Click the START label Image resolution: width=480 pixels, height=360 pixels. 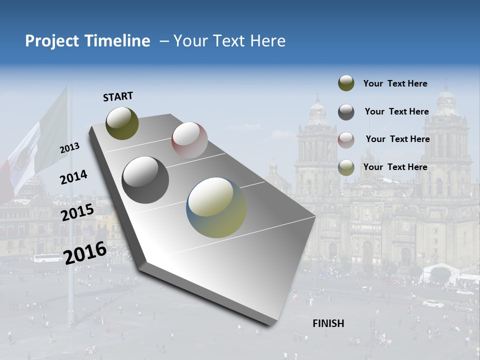click(118, 96)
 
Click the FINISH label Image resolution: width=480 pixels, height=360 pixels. click(328, 323)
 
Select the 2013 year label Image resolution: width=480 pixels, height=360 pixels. click(70, 148)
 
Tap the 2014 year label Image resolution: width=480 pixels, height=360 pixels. click(74, 177)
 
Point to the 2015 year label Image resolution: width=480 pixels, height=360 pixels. click(77, 212)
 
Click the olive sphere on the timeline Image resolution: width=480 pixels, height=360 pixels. click(122, 123)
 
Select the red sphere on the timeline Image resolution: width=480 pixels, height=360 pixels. click(189, 140)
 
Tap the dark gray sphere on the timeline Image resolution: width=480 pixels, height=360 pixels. click(145, 180)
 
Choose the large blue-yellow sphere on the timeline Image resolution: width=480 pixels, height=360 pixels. click(216, 207)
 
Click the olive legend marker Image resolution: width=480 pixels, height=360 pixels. click(346, 83)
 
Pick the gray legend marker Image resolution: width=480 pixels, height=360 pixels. click(346, 112)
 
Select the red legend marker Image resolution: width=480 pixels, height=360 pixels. click(346, 139)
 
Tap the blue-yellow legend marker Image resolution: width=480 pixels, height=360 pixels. click(346, 167)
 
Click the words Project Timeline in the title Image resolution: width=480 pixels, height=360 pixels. click(87, 41)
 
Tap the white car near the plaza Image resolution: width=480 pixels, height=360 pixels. click(433, 303)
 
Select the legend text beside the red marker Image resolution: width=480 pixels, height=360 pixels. click(397, 139)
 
